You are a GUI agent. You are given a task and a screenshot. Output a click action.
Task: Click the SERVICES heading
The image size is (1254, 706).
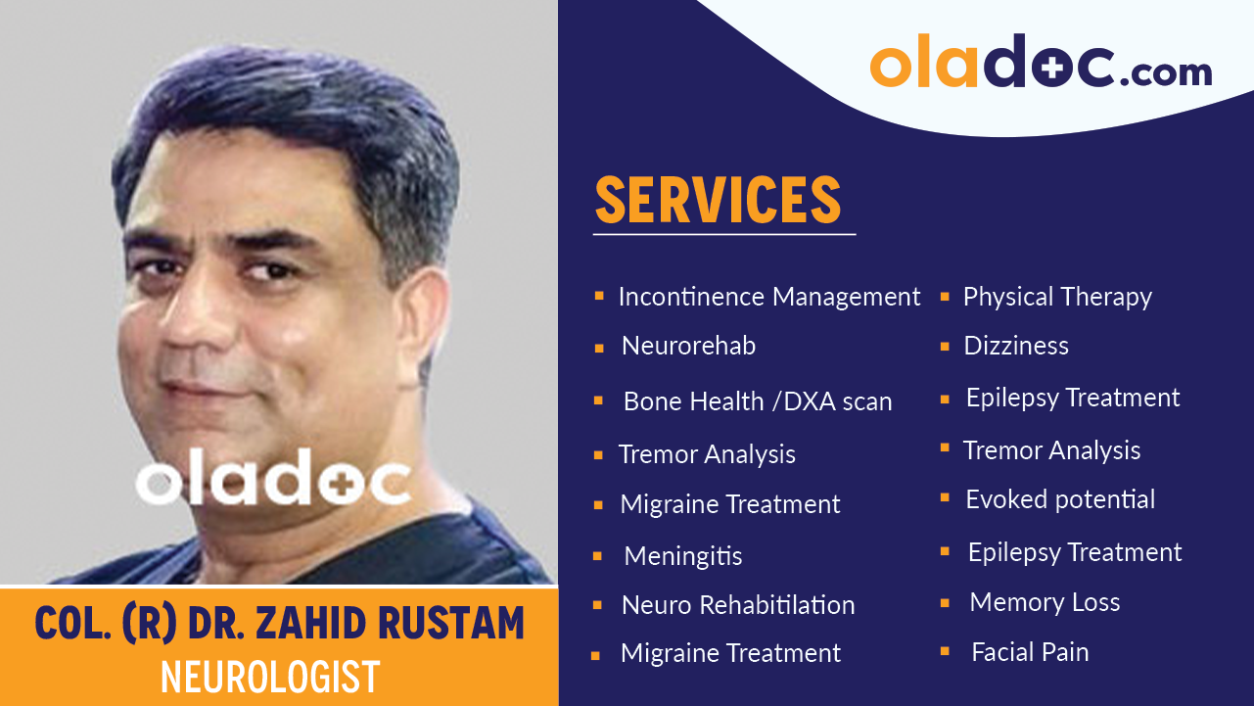tap(718, 200)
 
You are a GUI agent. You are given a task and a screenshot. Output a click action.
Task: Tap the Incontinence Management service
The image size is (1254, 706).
tap(769, 297)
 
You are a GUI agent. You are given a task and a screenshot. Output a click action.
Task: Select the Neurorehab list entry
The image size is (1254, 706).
tap(688, 346)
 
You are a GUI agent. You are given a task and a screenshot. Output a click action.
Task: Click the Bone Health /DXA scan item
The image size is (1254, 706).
tap(758, 401)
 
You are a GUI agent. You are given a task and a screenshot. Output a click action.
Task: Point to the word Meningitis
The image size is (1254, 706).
tap(683, 556)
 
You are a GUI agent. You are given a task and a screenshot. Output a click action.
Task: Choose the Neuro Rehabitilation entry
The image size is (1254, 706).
tap(738, 605)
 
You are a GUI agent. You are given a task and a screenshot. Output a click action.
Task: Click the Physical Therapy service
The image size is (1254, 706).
tap(1057, 297)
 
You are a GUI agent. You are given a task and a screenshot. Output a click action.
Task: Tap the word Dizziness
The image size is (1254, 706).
tap(1016, 346)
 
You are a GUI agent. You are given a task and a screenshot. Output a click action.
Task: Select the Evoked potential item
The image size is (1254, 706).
tap(1060, 499)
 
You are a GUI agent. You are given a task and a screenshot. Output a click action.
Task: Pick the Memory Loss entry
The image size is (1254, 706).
tap(1045, 602)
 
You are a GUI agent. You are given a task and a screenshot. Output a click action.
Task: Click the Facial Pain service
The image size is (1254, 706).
tap(1030, 652)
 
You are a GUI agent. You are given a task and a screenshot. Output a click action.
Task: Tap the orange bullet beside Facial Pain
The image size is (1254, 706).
tap(945, 650)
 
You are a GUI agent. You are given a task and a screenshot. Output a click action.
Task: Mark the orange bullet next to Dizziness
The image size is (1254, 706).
tap(945, 346)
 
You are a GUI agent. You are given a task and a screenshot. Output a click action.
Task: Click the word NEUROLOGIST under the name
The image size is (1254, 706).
tap(270, 677)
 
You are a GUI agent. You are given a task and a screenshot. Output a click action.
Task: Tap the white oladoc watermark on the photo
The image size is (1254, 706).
tap(273, 480)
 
